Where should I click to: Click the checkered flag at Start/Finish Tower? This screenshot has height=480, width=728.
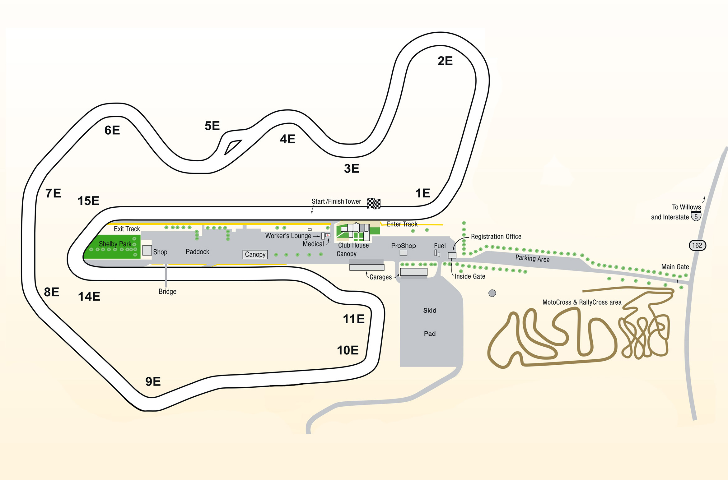[374, 204]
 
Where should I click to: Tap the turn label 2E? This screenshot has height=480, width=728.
[445, 61]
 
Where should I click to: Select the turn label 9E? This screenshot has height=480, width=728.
[153, 381]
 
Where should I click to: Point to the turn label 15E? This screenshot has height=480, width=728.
[88, 201]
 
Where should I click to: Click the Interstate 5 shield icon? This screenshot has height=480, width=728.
[696, 216]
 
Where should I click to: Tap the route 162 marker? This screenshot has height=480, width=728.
[697, 245]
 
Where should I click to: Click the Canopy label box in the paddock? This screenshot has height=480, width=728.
[255, 255]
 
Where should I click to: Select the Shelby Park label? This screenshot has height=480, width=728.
[115, 244]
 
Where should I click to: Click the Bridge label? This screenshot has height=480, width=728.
[167, 292]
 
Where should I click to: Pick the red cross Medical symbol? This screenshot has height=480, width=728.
[328, 235]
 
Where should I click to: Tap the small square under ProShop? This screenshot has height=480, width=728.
[404, 253]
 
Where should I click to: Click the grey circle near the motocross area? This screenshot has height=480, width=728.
[492, 293]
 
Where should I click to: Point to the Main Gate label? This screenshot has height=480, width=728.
[675, 267]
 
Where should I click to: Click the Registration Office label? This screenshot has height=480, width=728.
[496, 237]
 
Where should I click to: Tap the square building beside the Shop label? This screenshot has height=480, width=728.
[147, 250]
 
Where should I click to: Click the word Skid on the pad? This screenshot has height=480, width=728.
[430, 311]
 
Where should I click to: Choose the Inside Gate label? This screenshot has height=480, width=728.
[470, 276]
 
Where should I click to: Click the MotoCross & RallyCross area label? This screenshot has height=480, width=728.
[582, 302]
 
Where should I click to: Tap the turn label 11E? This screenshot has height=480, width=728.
[353, 319]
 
